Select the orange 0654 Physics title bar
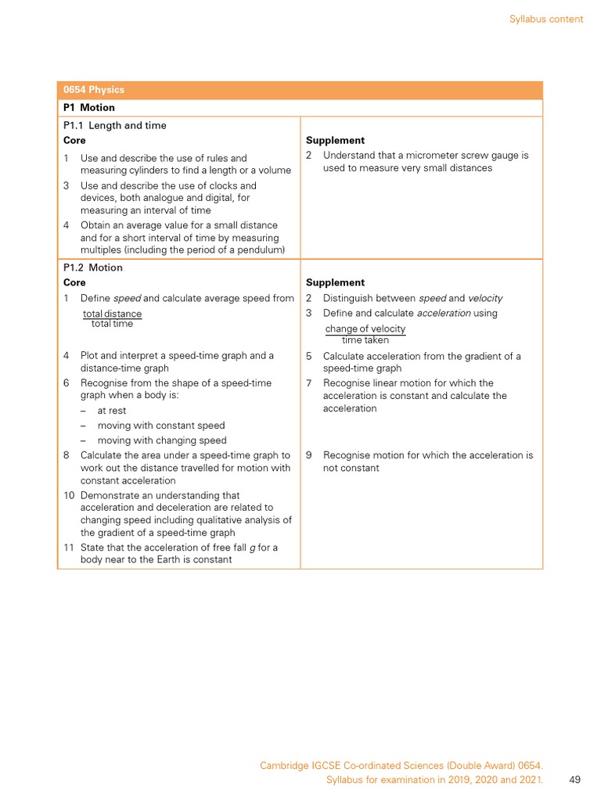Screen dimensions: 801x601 300,90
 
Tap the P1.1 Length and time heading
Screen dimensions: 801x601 114,125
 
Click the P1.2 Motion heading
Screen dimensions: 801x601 92,268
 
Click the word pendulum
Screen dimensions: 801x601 260,250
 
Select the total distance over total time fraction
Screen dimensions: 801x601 112,318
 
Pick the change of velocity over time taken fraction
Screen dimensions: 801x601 365,334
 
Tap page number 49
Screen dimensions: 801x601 575,779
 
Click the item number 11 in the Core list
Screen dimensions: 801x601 69,547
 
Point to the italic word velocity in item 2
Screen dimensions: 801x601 485,298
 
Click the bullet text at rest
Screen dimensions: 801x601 111,411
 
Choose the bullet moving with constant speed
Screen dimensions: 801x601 160,426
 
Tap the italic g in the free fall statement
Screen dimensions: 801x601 252,547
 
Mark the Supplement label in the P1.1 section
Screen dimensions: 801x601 335,141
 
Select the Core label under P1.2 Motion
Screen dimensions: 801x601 74,282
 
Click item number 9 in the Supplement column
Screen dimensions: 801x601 309,455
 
